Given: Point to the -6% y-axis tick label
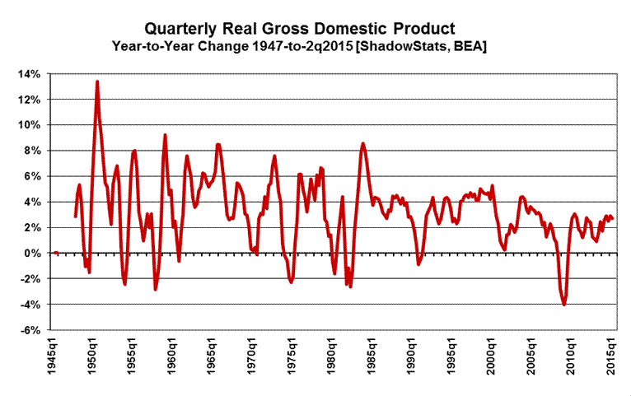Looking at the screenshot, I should (x=30, y=330).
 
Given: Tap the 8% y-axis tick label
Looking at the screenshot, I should (x=33, y=151).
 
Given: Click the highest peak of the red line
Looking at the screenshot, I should (x=97, y=82).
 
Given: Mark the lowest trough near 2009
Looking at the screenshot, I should (x=564, y=305).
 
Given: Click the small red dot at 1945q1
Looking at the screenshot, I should (x=55, y=253).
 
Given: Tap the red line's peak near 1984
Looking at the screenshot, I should (x=362, y=144).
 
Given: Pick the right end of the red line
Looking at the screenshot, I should (x=612, y=218).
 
